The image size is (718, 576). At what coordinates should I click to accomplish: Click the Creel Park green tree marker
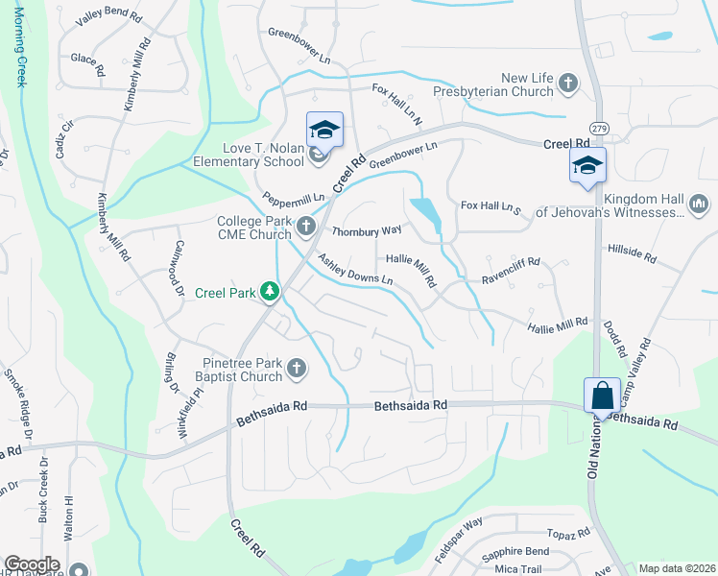pyautogui.click(x=272, y=292)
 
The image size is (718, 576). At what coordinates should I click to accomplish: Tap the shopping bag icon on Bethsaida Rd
pyautogui.click(x=602, y=394)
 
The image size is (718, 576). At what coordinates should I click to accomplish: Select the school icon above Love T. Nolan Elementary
pyautogui.click(x=324, y=130)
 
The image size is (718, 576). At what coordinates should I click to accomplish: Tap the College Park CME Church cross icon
pyautogui.click(x=306, y=227)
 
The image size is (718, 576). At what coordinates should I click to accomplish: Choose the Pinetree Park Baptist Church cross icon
pyautogui.click(x=297, y=368)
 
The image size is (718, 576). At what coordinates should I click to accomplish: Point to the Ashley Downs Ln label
pyautogui.click(x=356, y=269)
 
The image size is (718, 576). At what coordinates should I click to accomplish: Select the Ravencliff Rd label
pyautogui.click(x=512, y=261)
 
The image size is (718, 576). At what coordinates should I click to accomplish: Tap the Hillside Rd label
pyautogui.click(x=632, y=253)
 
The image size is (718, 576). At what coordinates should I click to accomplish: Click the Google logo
pyautogui.click(x=32, y=564)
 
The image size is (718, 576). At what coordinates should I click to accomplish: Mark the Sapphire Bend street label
pyautogui.click(x=542, y=551)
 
